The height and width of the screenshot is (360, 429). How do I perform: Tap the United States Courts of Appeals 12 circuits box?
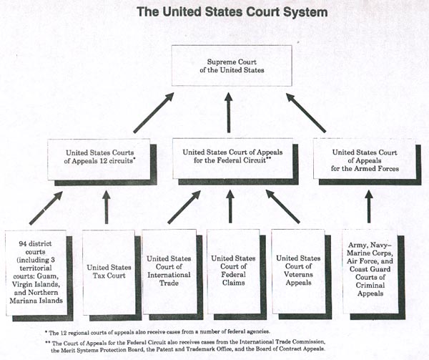coord(100,157)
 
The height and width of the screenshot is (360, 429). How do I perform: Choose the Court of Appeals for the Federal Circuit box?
coord(230,157)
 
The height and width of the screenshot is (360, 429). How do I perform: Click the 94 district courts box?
coord(36,271)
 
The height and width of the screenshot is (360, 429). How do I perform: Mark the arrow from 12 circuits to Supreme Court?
coord(151,112)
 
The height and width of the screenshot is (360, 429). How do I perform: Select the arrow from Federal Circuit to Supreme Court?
coord(230,112)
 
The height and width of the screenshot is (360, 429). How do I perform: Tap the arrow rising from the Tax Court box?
coord(107,207)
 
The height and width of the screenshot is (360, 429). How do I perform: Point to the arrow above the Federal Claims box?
coord(230,207)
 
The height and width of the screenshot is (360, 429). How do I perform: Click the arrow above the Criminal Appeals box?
coord(369,207)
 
